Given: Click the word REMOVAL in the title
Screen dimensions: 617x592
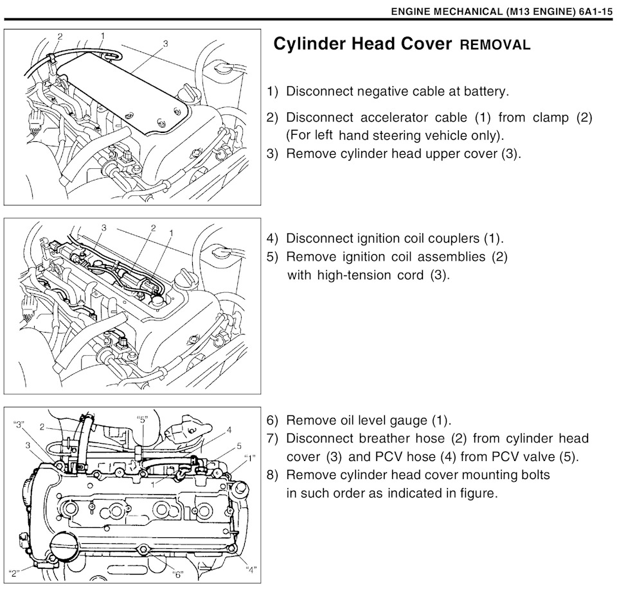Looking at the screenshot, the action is coord(495,45).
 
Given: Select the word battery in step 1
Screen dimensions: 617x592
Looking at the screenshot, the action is coord(486,92).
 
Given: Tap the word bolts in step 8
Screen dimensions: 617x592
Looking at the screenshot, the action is coord(533,475).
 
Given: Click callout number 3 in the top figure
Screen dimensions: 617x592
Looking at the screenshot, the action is coord(166,44).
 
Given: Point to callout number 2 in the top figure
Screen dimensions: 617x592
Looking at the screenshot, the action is coord(60,37).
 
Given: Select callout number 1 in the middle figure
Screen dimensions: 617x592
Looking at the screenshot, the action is coord(171,232).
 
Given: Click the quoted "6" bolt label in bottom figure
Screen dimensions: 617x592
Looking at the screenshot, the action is coord(178,574).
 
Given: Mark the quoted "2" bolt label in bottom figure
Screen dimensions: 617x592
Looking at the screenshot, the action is coord(13,573).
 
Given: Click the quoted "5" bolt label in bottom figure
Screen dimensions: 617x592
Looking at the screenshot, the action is coord(143,419).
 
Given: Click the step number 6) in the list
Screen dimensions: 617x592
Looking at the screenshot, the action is coord(273,421).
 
